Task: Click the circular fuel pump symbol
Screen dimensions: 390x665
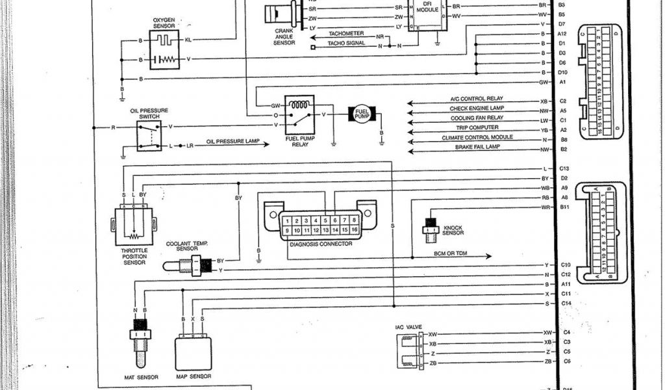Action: (362, 115)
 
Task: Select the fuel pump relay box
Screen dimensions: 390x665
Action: (299, 114)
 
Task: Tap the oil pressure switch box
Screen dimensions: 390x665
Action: (149, 136)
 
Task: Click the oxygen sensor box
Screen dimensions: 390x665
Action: (164, 50)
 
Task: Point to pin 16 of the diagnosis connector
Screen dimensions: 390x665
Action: (353, 230)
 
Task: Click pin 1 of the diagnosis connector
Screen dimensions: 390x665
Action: (286, 220)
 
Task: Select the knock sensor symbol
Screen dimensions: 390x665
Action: (429, 224)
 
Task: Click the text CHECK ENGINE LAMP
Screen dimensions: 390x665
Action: (477, 108)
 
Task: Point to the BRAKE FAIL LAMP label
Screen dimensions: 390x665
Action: (478, 147)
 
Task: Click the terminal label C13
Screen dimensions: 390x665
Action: (564, 168)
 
